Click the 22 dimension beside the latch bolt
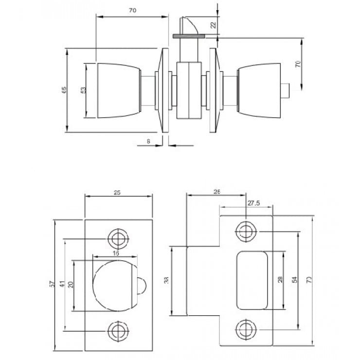pos(213,25)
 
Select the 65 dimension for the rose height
pos(63,90)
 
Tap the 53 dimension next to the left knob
pos(83,90)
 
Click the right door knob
pos(259,90)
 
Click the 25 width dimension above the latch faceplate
pos(117,193)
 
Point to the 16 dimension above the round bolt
pos(115,253)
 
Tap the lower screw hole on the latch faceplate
pos(117,330)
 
